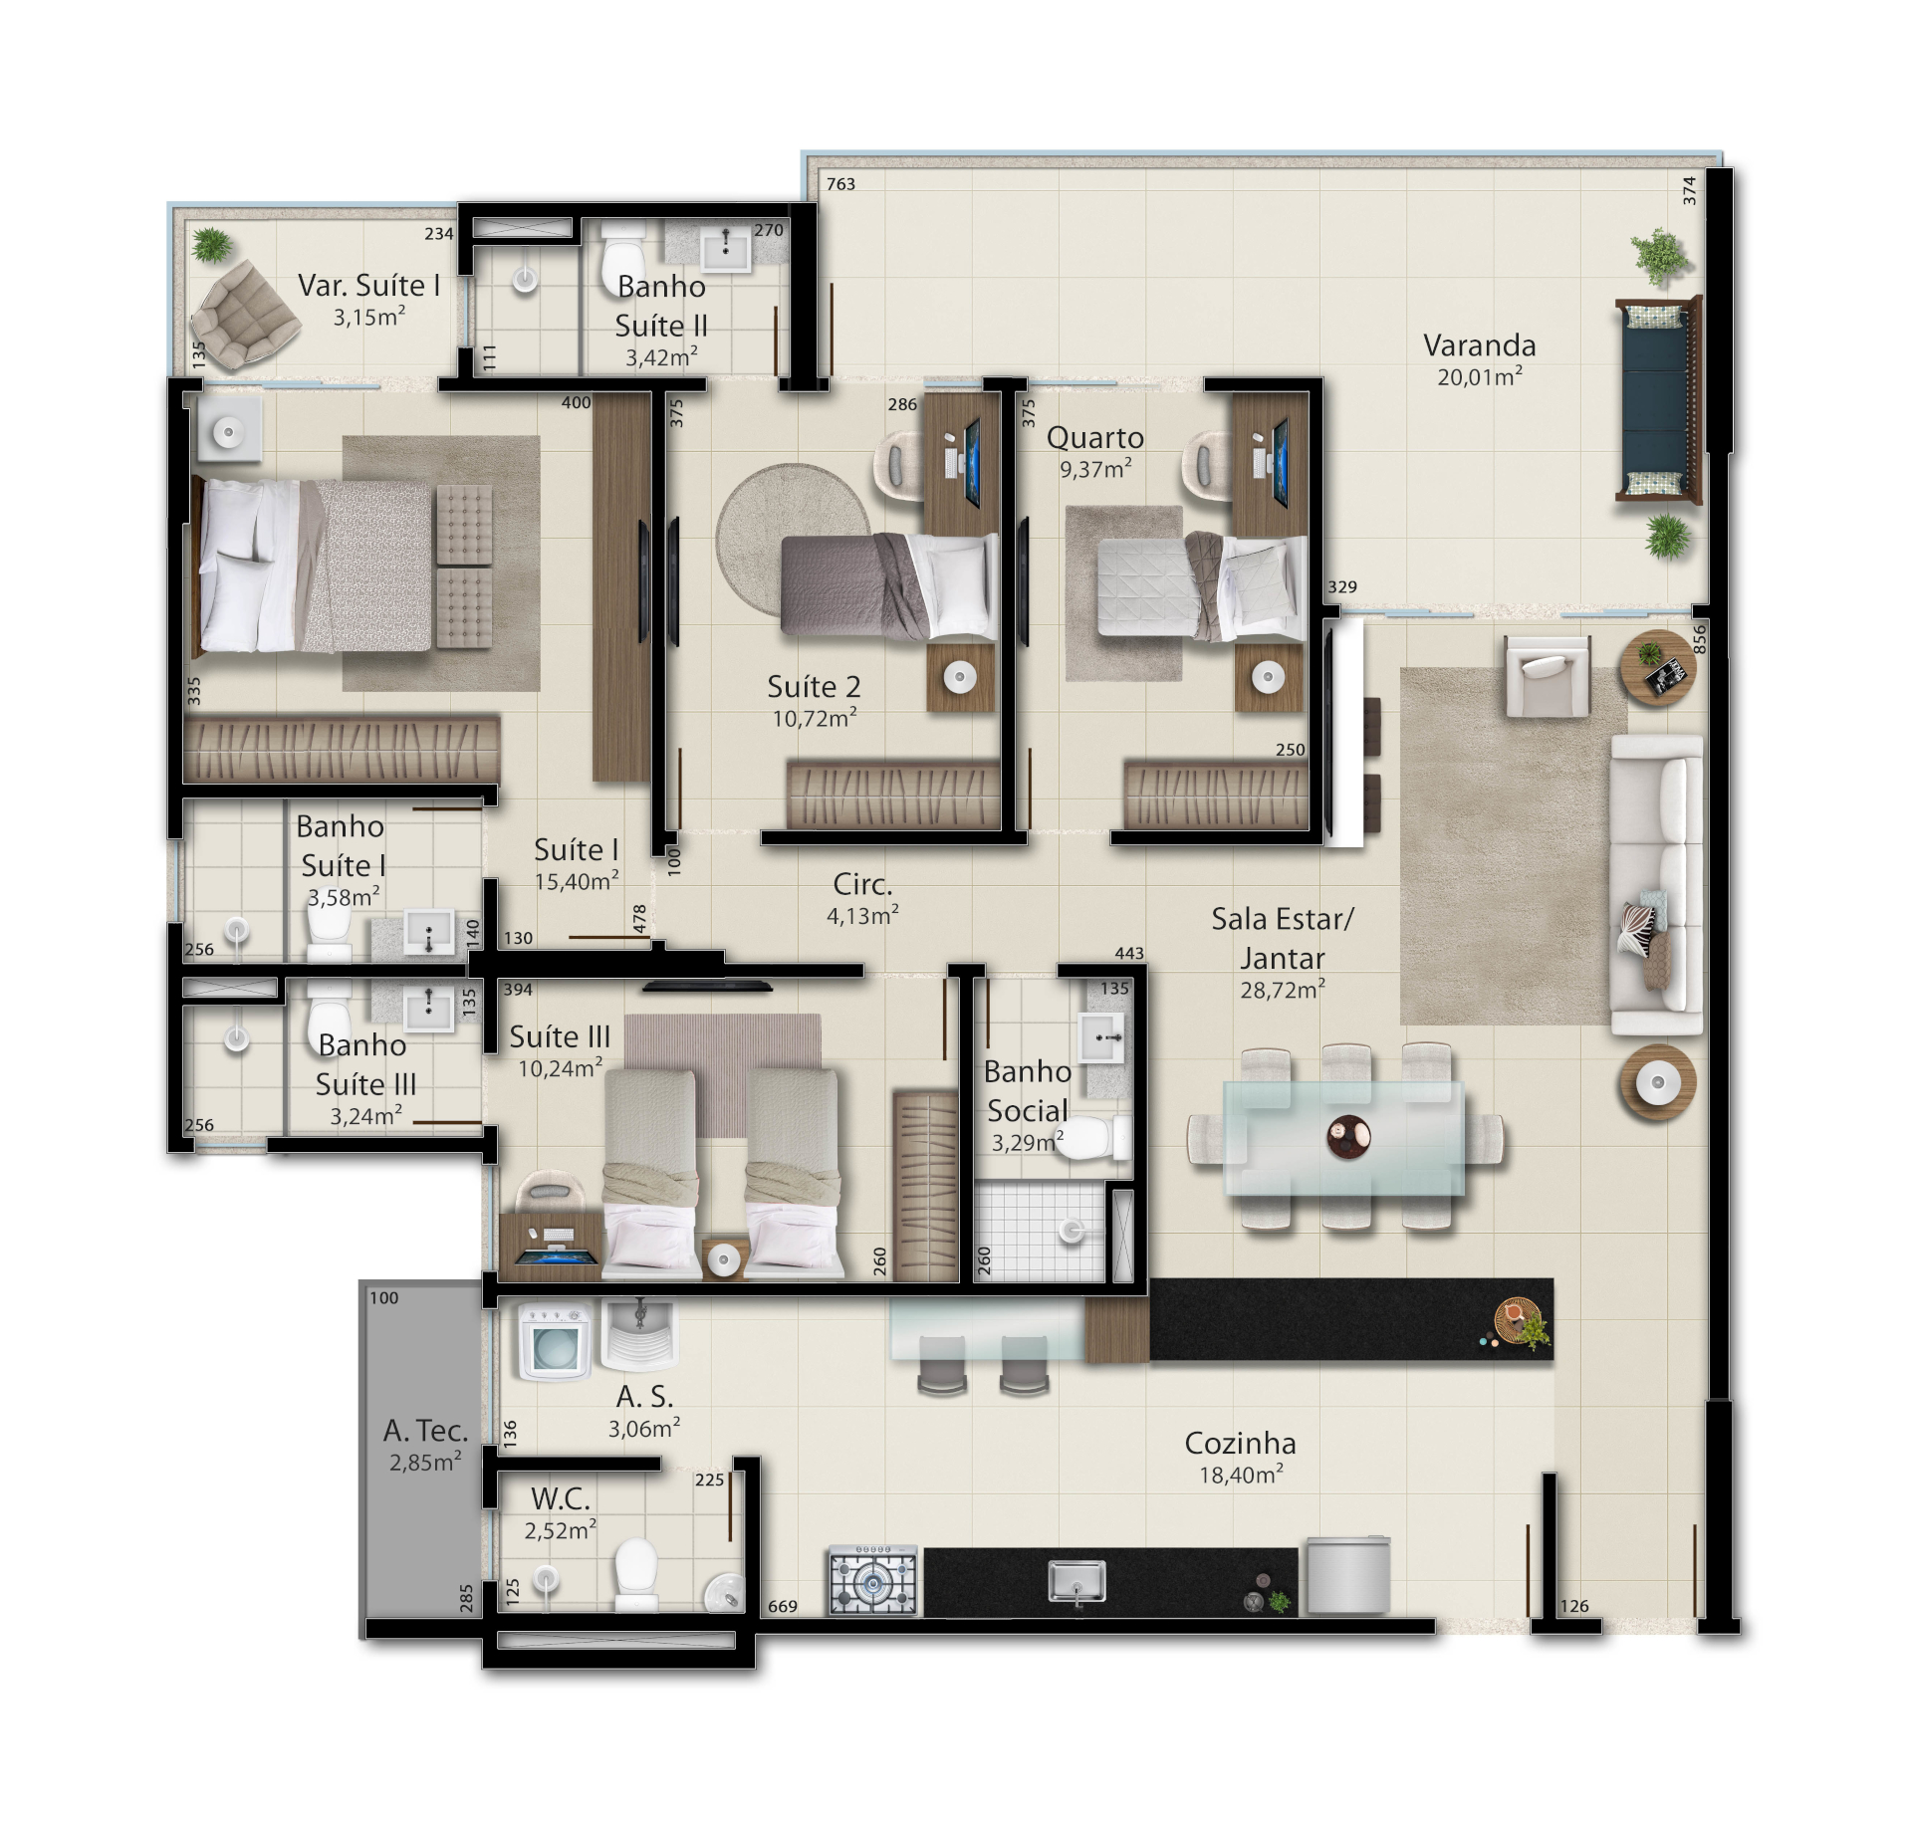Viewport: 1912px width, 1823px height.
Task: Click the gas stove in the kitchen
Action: point(873,1580)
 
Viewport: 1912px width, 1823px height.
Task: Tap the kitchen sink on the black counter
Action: point(1076,1581)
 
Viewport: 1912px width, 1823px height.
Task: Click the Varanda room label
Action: point(1479,345)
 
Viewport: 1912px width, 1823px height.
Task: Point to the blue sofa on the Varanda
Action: point(1659,399)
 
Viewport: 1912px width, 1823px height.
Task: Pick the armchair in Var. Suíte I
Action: point(244,311)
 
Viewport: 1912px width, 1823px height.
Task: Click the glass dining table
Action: point(1343,1137)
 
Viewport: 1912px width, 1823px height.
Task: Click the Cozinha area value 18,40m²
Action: point(1241,1475)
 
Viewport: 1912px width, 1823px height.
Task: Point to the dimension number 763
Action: point(840,184)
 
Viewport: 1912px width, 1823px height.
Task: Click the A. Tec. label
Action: point(425,1431)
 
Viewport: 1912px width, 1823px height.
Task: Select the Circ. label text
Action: point(862,884)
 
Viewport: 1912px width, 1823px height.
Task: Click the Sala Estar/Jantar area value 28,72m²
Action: point(1283,989)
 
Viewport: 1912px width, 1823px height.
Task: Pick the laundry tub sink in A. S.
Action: point(638,1336)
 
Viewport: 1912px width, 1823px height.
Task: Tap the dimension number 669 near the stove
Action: point(783,1606)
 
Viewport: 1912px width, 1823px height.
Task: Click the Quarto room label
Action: point(1094,437)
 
